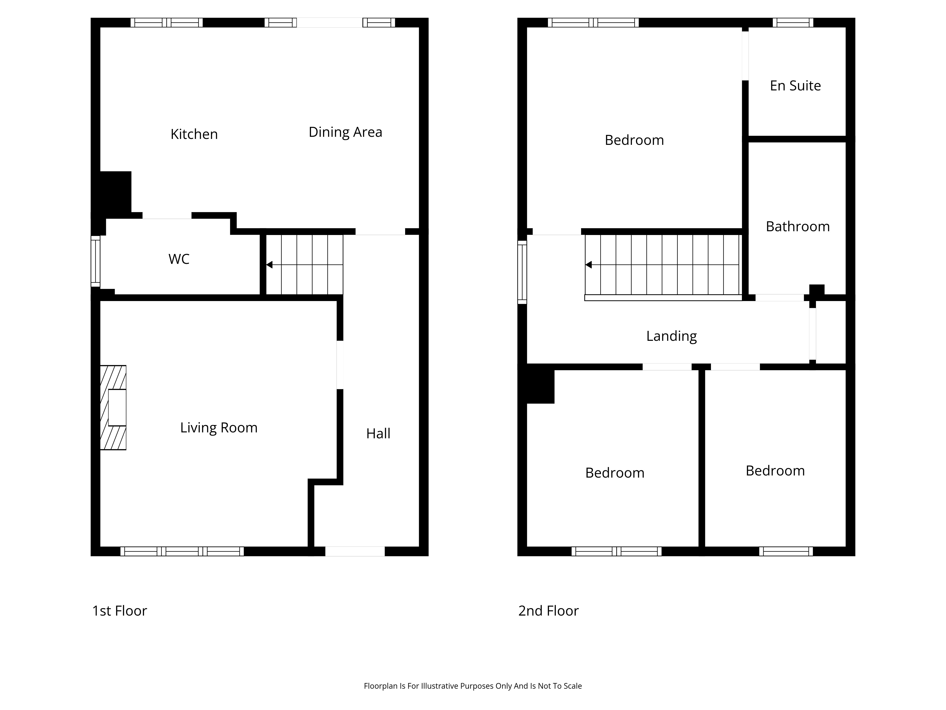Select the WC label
pos(179,259)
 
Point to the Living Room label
pos(219,428)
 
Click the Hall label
pos(378,434)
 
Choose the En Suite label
pos(795,86)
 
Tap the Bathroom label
pos(798,226)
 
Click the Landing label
pos(671,336)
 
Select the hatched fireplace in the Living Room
pos(113,408)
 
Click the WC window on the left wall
pos(95,261)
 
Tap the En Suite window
pos(793,22)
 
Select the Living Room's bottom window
pos(182,551)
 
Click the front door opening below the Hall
pos(355,551)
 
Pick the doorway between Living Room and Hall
pos(340,365)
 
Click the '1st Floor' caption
pos(120,611)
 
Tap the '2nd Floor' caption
pos(548,611)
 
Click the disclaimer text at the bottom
pos(473,686)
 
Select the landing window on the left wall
pos(522,272)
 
